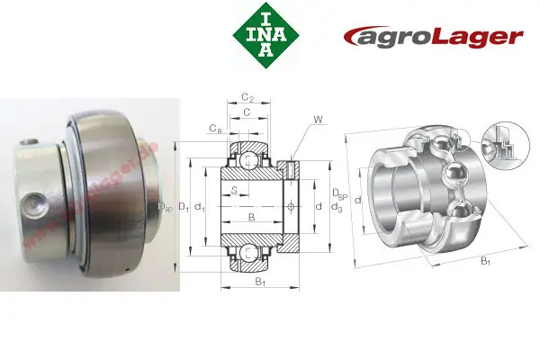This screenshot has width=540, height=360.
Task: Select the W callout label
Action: click(318, 120)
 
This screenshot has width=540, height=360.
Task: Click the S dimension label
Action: click(234, 190)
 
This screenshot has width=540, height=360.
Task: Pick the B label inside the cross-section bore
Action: click(251, 218)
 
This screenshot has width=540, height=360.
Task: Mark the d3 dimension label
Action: click(337, 208)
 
